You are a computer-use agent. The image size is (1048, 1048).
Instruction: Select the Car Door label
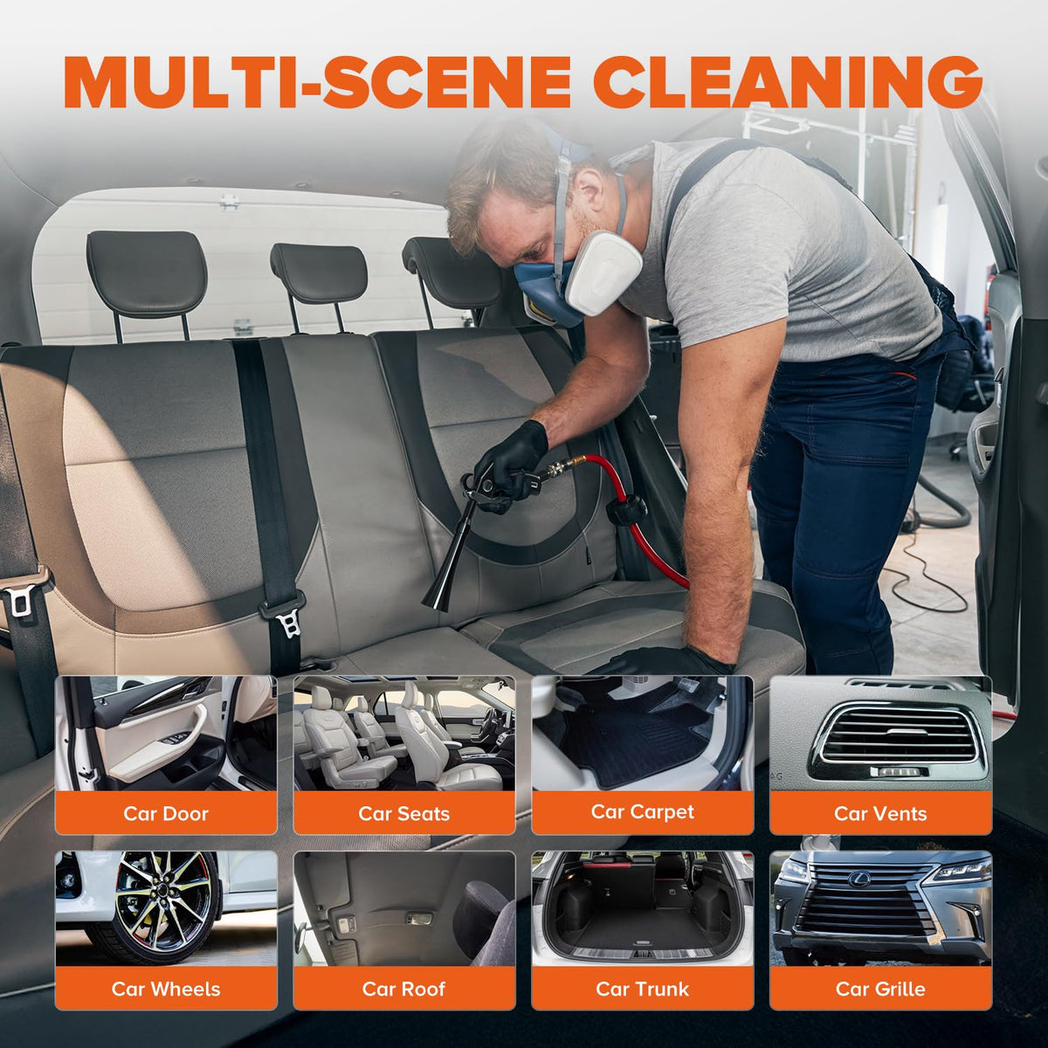(x=166, y=814)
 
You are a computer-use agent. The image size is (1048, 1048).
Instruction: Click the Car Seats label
(x=404, y=814)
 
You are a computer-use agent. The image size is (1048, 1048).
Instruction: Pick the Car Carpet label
(x=642, y=812)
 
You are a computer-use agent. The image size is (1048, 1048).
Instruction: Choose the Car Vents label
(x=880, y=814)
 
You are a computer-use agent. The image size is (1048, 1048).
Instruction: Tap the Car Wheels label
(x=166, y=989)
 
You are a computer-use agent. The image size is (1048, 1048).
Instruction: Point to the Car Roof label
(x=404, y=989)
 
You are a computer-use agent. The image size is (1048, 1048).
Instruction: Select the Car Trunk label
(x=642, y=989)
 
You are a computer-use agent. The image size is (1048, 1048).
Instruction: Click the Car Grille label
(x=880, y=989)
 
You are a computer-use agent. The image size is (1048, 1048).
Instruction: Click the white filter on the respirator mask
(x=602, y=272)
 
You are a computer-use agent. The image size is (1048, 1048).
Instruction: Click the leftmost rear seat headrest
(x=147, y=273)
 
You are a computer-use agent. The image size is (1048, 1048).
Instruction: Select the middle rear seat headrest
(x=320, y=273)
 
